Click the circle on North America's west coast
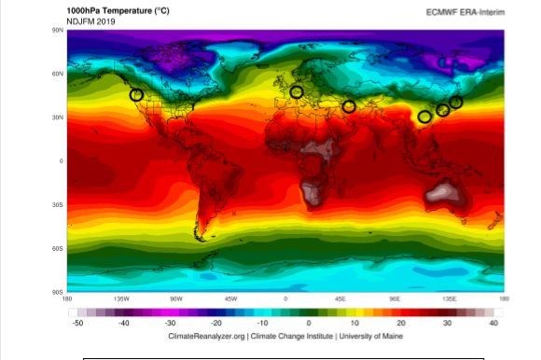pos(136,94)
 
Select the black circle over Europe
pos(297,91)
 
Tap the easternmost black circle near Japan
pos(456,102)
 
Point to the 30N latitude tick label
pos(57,118)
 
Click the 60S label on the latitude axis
pos(57,248)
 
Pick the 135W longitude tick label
pos(120,299)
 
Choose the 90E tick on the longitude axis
pos(395,299)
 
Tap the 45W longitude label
pos(230,299)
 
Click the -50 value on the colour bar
pos(78,323)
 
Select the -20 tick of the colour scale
pos(215,323)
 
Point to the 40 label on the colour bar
pos(492,323)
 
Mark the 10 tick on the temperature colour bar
pos(354,323)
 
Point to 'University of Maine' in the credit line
pos(375,335)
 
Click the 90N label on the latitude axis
pos(57,31)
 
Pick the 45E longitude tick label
pos(340,299)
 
